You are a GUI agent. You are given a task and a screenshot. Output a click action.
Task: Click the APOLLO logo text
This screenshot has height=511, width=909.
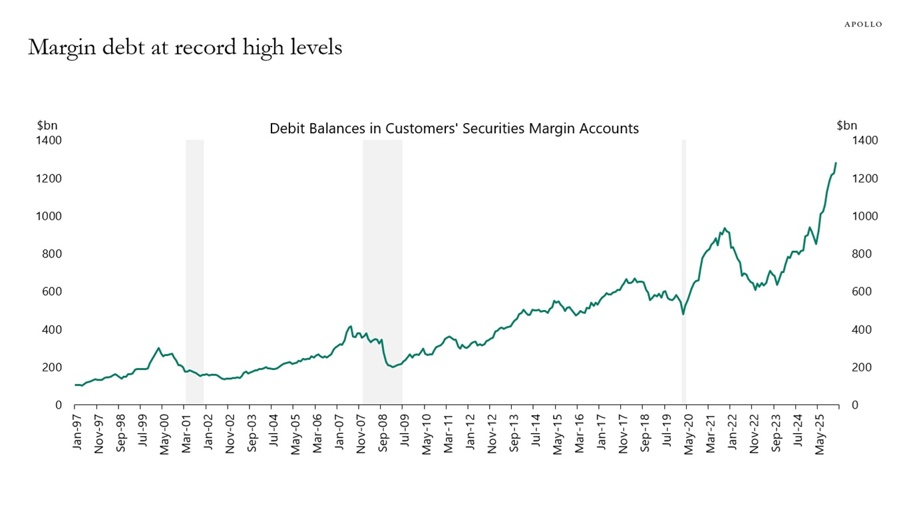[x=863, y=24]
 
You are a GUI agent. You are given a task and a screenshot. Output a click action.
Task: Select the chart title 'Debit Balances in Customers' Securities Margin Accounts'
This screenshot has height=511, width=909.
[x=454, y=128]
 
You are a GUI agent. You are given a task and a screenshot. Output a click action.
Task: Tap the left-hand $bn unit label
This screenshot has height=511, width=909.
[x=47, y=125]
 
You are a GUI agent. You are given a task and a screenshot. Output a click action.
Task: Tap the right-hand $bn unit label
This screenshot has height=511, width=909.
[x=846, y=125]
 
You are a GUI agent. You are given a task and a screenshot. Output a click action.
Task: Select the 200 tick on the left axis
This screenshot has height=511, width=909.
[x=52, y=367]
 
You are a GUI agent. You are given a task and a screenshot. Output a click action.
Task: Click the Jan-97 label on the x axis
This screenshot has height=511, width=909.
[x=77, y=432]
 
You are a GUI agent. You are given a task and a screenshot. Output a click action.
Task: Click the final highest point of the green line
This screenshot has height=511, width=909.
[x=836, y=163]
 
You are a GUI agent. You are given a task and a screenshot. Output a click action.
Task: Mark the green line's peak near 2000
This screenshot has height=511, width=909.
[x=158, y=348]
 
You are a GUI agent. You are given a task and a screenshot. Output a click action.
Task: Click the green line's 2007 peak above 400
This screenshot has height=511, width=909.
[x=350, y=326]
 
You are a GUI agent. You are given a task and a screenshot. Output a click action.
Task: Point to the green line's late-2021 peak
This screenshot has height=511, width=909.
[x=725, y=228]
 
